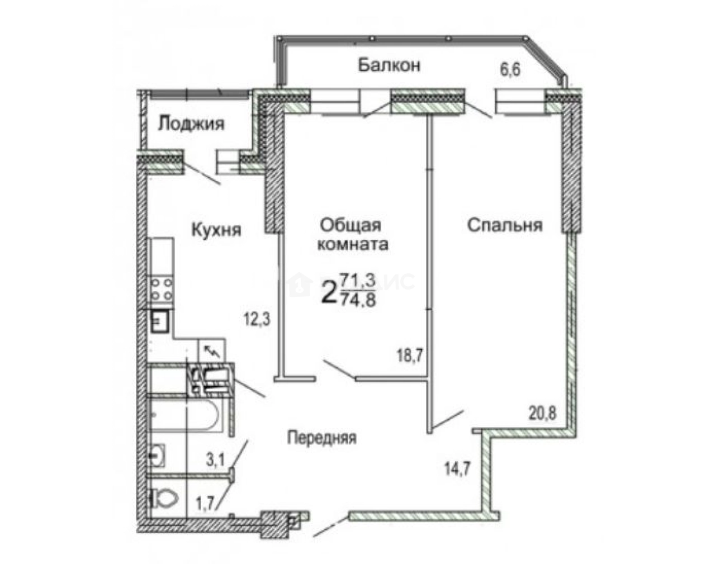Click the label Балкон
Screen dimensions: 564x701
tap(389, 65)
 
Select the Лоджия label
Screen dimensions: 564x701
tap(191, 124)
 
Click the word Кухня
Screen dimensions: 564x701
tap(216, 229)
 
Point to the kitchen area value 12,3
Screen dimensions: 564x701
tap(257, 320)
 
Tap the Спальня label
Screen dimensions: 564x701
tap(505, 225)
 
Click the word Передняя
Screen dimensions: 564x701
tap(321, 438)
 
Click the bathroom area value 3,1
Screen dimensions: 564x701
tap(215, 461)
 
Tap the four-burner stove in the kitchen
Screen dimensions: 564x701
tap(161, 290)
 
